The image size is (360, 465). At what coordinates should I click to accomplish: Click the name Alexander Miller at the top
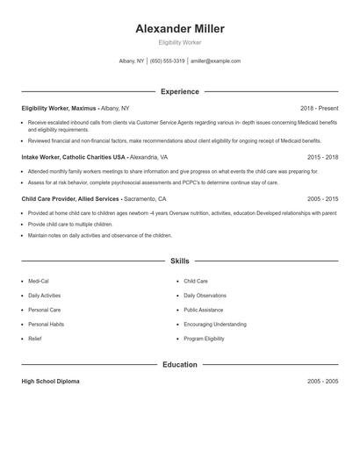[x=180, y=29]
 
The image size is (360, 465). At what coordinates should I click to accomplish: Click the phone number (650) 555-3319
[x=167, y=61]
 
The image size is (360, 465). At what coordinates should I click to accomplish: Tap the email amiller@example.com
[x=216, y=61]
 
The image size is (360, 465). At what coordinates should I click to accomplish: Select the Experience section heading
[x=180, y=91]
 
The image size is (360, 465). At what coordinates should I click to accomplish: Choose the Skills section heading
[x=180, y=261]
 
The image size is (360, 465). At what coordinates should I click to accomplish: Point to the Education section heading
[x=180, y=364]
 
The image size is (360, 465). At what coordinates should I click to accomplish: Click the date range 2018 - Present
[x=319, y=108]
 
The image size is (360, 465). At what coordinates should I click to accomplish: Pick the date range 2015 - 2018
[x=322, y=157]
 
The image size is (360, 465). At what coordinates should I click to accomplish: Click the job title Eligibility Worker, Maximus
[x=59, y=108]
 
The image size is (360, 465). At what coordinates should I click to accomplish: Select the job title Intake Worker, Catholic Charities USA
[x=74, y=157]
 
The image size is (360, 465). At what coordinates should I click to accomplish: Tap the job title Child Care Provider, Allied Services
[x=70, y=199]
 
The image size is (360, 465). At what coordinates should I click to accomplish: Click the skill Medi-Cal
[x=39, y=282]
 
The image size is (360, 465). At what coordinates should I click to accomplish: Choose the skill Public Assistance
[x=203, y=310]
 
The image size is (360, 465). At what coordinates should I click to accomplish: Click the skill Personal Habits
[x=46, y=324]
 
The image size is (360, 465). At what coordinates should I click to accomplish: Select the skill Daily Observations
[x=205, y=296]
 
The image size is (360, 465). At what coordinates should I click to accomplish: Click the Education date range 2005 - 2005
[x=322, y=382]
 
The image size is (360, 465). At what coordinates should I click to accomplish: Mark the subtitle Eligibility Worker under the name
[x=180, y=43]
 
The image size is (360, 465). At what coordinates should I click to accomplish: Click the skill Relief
[x=34, y=338]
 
